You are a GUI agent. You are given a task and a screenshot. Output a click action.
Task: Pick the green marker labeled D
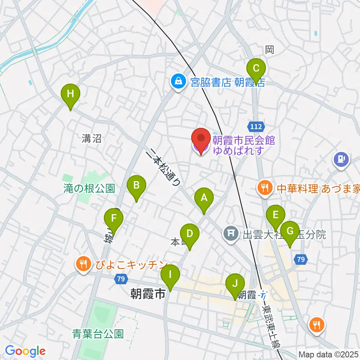pyautogui.click(x=190, y=234)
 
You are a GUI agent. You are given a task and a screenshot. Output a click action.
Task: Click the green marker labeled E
pyautogui.click(x=276, y=216)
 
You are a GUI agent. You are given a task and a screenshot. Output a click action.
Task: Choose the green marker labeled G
pyautogui.click(x=290, y=232)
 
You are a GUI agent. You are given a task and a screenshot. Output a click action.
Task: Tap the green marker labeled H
pyautogui.click(x=70, y=94)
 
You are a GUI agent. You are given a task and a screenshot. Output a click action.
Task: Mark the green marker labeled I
pyautogui.click(x=170, y=275)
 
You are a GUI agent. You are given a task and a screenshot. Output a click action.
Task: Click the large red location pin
pyautogui.click(x=201, y=140)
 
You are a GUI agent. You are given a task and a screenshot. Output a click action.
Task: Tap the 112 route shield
pyautogui.click(x=257, y=126)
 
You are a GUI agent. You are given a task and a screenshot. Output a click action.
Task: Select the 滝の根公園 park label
pyautogui.click(x=89, y=189)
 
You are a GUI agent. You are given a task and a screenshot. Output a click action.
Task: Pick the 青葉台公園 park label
pyautogui.click(x=98, y=333)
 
